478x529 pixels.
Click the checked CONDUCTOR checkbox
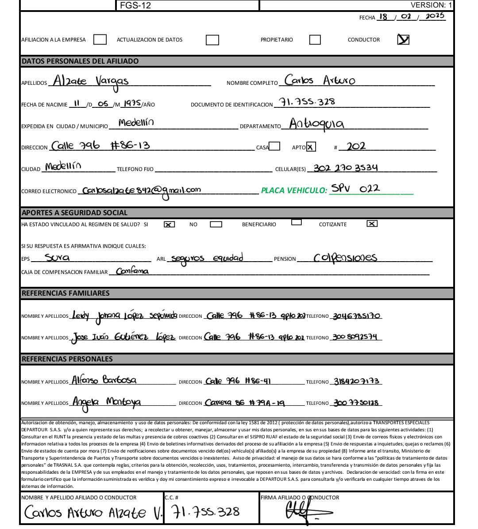(403, 39)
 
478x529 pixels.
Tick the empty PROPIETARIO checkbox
(315, 40)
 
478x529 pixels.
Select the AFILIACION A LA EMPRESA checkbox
(100, 40)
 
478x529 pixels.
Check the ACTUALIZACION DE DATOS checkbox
(212, 40)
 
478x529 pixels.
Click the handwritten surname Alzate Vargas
(91, 82)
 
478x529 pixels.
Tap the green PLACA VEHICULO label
(294, 190)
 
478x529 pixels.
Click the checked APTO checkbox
(311, 147)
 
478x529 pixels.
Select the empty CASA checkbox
(274, 146)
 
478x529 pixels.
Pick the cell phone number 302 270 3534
(346, 168)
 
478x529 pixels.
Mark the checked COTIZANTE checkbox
(372, 224)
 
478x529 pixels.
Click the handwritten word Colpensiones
(345, 258)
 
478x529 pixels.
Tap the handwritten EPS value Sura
(57, 257)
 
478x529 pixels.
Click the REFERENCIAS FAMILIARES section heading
(66, 293)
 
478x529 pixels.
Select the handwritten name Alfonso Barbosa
(104, 380)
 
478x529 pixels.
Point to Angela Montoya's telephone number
(356, 403)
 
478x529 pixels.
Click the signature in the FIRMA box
(305, 512)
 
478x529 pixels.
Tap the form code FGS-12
(135, 5)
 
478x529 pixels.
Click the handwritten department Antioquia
(316, 124)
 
